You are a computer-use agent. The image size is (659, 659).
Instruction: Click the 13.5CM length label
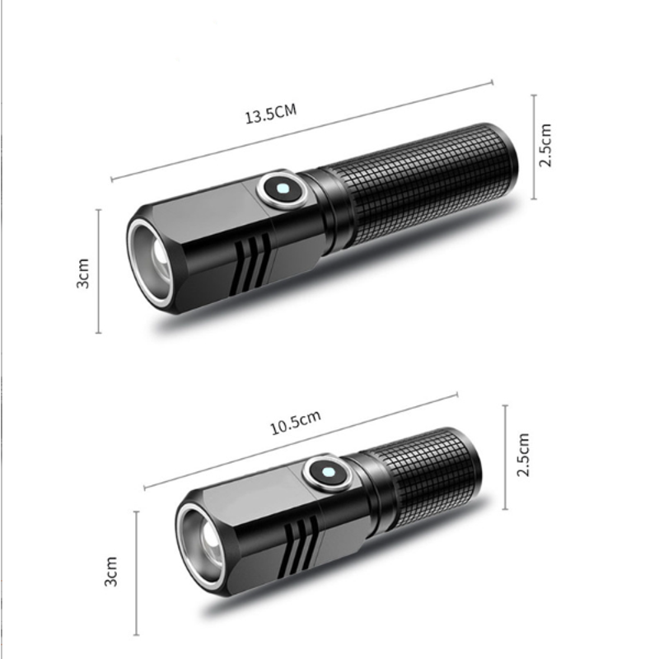point(271,114)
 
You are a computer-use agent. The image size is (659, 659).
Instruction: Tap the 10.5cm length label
point(296,422)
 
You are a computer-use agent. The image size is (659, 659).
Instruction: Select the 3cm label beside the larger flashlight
point(83,273)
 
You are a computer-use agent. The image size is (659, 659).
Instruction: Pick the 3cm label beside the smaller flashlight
point(110,571)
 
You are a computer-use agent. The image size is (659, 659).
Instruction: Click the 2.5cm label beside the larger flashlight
point(545,145)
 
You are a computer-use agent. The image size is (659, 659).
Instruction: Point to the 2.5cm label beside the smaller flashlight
point(523,455)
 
